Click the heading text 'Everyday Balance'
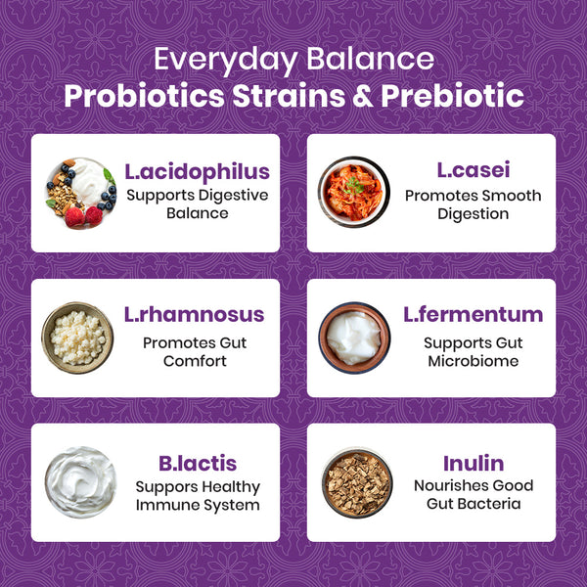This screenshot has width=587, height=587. coord(293,60)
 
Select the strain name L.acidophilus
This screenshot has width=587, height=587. coord(197,172)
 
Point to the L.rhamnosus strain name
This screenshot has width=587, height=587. coord(194,315)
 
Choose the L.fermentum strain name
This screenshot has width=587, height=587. coord(474,315)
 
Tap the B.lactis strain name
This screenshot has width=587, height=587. coord(197,463)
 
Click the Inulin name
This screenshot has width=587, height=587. coord(473,463)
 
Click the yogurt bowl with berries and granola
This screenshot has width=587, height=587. coord(79,192)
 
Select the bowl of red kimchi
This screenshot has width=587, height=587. coord(353,192)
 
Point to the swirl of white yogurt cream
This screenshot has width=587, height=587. coord(79,481)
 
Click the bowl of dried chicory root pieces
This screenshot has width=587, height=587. coord(356,482)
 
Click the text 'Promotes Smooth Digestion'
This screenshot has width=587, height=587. coord(473,204)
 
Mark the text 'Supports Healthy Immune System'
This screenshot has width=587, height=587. coord(197,496)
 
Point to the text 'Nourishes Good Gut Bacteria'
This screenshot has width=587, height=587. coord(473,494)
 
